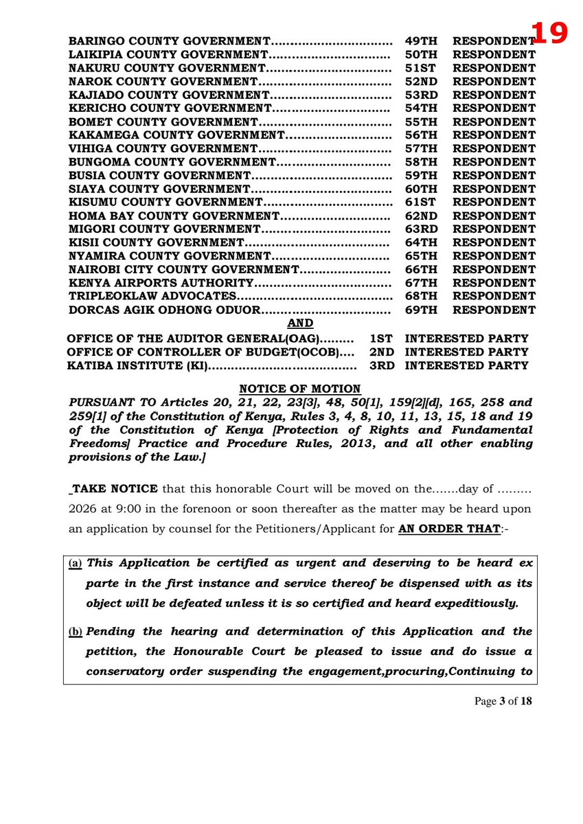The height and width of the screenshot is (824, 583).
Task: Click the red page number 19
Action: click(x=549, y=33)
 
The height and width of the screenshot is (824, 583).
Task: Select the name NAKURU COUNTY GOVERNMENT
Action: click(x=167, y=68)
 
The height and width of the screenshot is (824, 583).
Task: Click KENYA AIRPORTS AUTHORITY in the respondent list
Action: click(x=161, y=283)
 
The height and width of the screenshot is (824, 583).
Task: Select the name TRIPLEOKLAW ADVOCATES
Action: click(x=152, y=297)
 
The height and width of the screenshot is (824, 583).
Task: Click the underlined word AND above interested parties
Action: click(x=300, y=323)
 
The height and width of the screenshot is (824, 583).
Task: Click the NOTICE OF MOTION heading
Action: click(x=299, y=389)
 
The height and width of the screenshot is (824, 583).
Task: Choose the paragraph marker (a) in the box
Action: click(x=75, y=564)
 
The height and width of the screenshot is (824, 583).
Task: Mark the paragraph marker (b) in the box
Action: click(x=75, y=632)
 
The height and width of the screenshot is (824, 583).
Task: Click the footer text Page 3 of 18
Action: click(x=503, y=701)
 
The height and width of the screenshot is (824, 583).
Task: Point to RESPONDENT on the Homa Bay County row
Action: click(x=494, y=216)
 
